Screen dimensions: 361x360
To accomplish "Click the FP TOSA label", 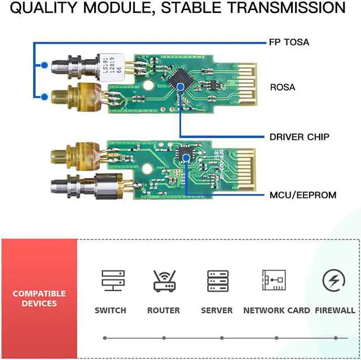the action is click(289, 42).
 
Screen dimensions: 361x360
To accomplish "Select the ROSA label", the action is click(283, 87).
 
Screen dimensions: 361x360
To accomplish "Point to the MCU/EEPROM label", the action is click(302, 195).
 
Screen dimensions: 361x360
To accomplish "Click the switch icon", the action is click(110, 280).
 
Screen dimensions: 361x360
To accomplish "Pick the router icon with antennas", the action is click(164, 280).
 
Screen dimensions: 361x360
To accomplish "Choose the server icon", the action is click(218, 280).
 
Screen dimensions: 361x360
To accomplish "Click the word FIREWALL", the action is click(335, 310).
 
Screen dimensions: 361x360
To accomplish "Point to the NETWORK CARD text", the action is click(276, 310).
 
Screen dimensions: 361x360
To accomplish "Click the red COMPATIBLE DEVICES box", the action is click(39, 299).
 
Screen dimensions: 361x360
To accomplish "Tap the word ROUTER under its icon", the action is click(164, 310).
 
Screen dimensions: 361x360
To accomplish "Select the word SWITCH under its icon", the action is click(110, 310).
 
